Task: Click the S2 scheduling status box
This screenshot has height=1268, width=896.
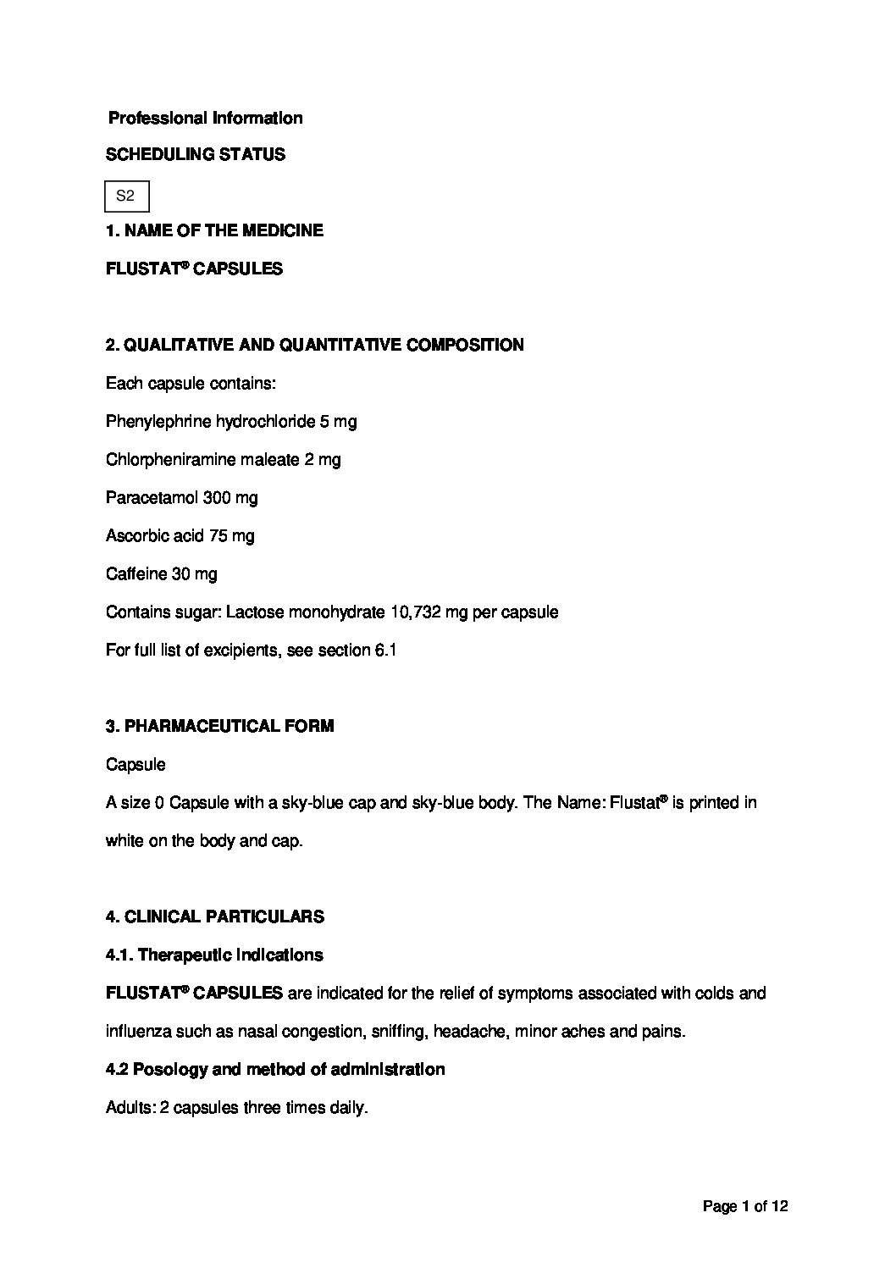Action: click(x=126, y=197)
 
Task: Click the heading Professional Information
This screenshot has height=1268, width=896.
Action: click(x=205, y=119)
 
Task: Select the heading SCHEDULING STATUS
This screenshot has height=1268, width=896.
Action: click(x=195, y=155)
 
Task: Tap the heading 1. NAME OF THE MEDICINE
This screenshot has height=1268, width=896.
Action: click(x=214, y=230)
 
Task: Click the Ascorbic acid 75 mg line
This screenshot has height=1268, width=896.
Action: click(x=180, y=536)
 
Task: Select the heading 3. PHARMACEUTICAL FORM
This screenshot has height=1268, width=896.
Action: click(x=219, y=727)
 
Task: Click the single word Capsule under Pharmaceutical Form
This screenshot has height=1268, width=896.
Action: click(x=136, y=765)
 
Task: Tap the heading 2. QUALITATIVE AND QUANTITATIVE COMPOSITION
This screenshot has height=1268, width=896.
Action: click(x=314, y=346)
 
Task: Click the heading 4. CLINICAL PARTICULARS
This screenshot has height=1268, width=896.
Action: click(x=214, y=917)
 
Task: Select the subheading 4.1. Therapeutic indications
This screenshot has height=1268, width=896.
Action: click(x=214, y=955)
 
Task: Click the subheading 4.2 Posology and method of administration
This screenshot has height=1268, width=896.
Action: click(x=274, y=1070)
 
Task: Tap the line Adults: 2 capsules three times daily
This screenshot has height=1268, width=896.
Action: click(x=236, y=1108)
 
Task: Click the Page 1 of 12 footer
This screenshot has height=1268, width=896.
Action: click(x=745, y=1206)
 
